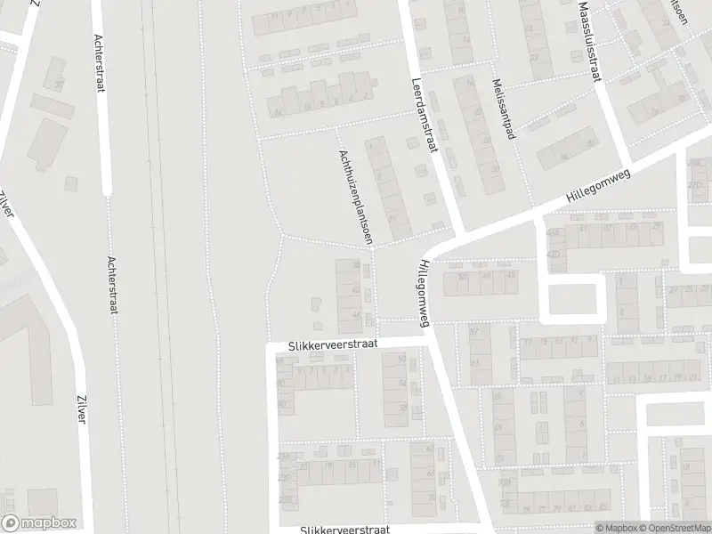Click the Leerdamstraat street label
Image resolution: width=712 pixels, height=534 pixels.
[424, 116]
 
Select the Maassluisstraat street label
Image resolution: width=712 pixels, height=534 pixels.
[588, 40]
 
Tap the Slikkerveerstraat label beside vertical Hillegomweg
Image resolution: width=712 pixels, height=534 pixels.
[333, 344]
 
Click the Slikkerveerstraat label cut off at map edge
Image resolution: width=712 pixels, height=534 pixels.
[345, 529]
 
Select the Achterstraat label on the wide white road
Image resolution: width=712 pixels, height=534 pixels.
[98, 66]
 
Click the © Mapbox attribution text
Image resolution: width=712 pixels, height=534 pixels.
[616, 528]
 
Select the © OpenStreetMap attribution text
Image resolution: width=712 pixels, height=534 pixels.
[674, 528]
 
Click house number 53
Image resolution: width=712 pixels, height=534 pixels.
[462, 278]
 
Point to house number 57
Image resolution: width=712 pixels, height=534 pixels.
[473, 332]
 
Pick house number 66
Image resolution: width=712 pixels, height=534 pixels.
[430, 475]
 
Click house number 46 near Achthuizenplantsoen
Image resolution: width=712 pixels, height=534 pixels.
[356, 314]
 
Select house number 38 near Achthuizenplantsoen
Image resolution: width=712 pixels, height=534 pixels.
[356, 265]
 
